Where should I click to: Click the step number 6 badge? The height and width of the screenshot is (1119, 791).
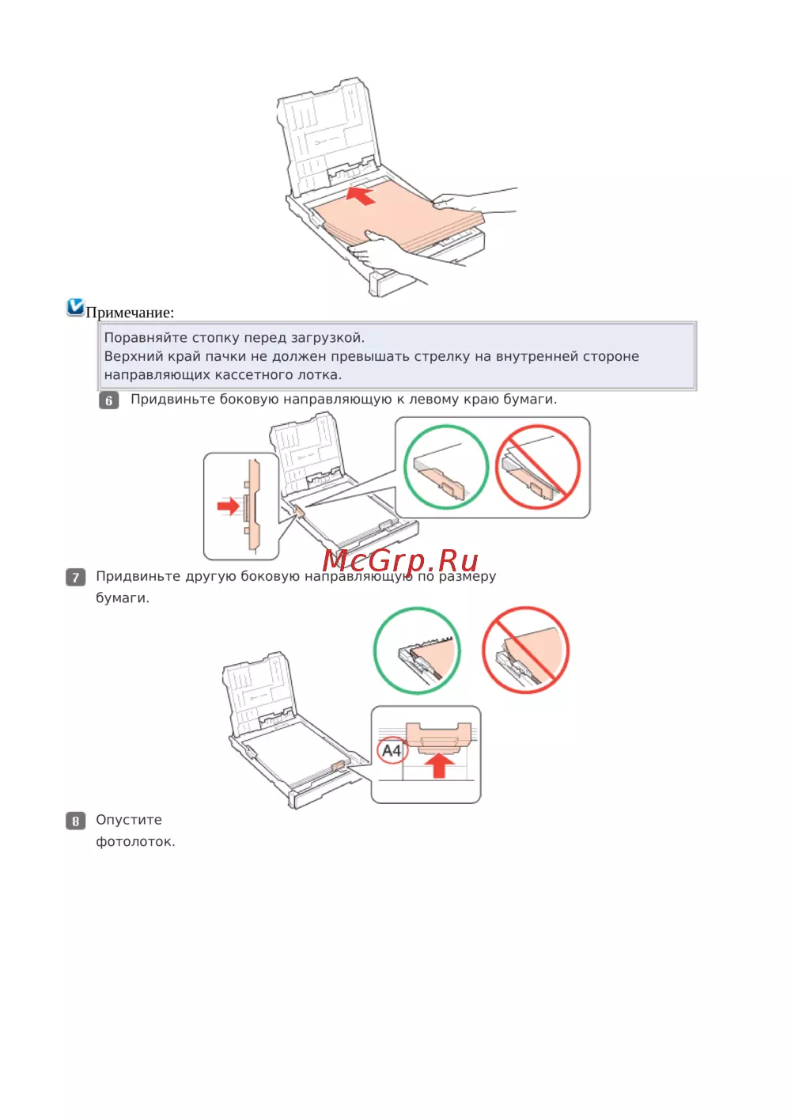[x=109, y=400]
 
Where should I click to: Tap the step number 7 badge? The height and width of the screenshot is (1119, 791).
[x=75, y=577]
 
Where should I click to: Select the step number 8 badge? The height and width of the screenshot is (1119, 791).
[x=75, y=821]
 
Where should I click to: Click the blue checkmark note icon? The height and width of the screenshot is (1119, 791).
[x=75, y=307]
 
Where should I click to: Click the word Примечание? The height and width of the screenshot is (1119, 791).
[x=130, y=313]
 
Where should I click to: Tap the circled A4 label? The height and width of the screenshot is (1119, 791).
[x=392, y=750]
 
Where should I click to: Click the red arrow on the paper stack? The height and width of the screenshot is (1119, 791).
[x=360, y=195]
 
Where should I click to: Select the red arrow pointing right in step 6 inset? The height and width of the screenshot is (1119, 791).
[x=229, y=506]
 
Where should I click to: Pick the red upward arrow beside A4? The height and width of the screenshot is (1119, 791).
[x=440, y=764]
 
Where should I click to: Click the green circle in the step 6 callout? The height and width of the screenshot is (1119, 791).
[x=446, y=467]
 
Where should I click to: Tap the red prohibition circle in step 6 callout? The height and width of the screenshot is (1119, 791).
[x=538, y=467]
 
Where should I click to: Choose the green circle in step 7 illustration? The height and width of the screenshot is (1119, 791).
[x=417, y=651]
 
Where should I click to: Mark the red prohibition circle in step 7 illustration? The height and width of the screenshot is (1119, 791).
[x=526, y=651]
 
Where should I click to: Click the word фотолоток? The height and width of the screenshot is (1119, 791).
[x=135, y=842]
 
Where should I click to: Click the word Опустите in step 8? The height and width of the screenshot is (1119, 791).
[x=129, y=820]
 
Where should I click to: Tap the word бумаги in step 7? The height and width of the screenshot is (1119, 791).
[x=123, y=598]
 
